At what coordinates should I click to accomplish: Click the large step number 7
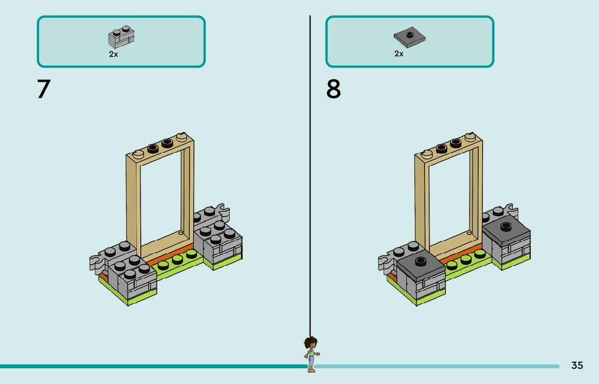pyautogui.click(x=44, y=89)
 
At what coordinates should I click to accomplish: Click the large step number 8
pyautogui.click(x=333, y=89)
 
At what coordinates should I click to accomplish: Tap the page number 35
pyautogui.click(x=577, y=366)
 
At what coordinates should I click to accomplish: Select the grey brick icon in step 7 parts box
pyautogui.click(x=121, y=37)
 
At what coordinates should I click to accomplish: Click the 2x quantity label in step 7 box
pyautogui.click(x=113, y=54)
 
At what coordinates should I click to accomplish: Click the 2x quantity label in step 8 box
pyautogui.click(x=399, y=54)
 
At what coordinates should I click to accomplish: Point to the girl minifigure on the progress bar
pyautogui.click(x=311, y=353)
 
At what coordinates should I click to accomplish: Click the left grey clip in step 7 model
pyautogui.click(x=96, y=262)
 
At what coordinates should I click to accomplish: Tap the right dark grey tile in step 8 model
pyautogui.click(x=506, y=231)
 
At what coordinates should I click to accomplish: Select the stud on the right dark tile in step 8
pyautogui.click(x=506, y=226)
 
